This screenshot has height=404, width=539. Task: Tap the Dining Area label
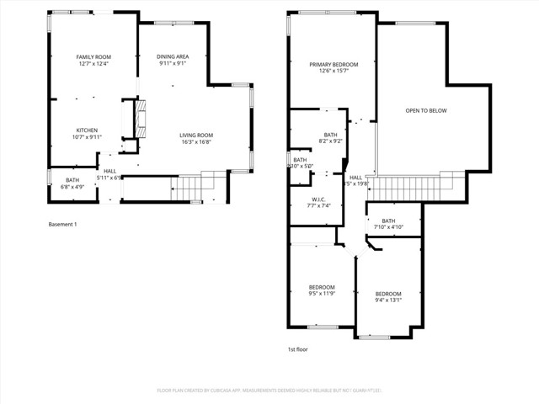[172, 57]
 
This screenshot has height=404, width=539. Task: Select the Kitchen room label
[87, 130]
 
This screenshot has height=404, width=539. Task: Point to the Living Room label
[195, 136]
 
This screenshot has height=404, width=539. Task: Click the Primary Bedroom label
[334, 65]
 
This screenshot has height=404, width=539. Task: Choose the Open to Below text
[426, 110]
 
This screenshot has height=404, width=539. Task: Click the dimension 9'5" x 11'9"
[321, 293]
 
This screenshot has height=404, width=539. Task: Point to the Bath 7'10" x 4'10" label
[388, 221]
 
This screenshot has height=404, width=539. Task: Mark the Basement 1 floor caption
[63, 224]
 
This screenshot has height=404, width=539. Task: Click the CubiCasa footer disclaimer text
[269, 390]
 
